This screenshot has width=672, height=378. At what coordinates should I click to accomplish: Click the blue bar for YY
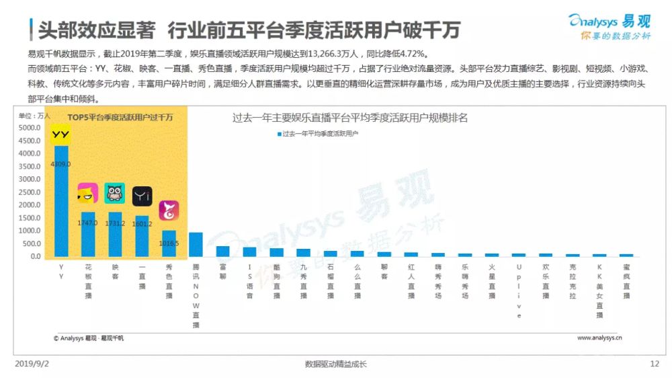(61, 202)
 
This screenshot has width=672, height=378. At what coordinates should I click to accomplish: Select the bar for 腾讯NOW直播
(196, 245)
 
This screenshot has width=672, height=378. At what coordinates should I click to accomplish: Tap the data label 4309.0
(61, 163)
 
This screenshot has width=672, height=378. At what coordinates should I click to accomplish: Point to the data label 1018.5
(169, 243)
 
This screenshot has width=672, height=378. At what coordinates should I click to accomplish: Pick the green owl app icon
(115, 193)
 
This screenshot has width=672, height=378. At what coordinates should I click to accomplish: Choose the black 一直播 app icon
(142, 196)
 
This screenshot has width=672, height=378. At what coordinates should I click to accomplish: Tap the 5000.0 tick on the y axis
(31, 128)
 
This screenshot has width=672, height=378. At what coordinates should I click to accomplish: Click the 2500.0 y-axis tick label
(31, 192)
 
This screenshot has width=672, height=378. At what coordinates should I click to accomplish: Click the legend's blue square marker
(279, 135)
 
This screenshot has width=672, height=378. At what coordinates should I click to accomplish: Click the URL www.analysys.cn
(599, 338)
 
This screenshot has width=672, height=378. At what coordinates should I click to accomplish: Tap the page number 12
(655, 364)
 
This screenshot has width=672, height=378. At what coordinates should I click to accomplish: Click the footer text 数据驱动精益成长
(335, 364)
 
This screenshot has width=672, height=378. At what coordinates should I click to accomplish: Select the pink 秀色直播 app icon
(169, 211)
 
